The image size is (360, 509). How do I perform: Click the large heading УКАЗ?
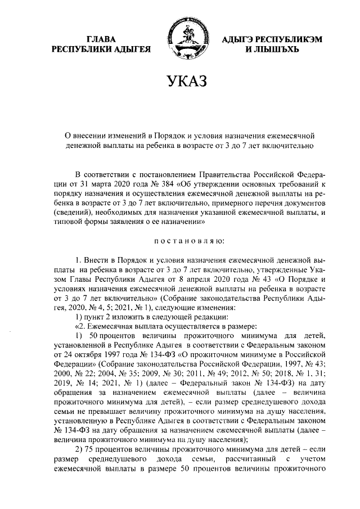click(180, 84)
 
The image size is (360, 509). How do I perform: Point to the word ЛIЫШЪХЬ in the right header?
click(275, 49)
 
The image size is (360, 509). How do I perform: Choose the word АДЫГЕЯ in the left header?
click(130, 49)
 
